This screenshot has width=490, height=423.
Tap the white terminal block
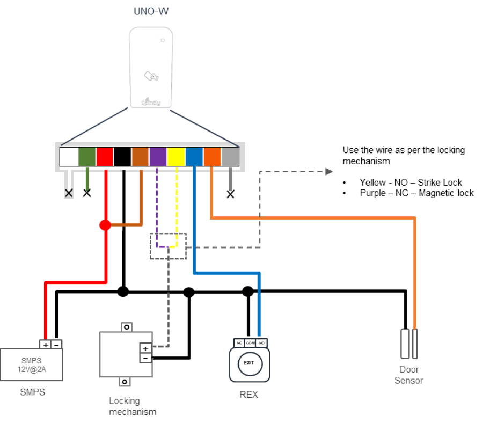(69, 157)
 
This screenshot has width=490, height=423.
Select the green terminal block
(86, 157)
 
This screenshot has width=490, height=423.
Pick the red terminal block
(105, 157)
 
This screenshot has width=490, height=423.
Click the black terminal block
(122, 157)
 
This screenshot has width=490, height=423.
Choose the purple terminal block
(158, 157)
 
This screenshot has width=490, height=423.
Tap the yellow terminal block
(176, 157)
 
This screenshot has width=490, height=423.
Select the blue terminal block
(194, 157)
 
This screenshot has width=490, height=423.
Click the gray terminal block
(230, 157)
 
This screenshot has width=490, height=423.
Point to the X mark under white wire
(69, 193)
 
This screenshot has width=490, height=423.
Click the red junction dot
(105, 225)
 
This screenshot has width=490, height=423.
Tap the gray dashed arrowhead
(329, 172)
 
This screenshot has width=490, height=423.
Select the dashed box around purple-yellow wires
(168, 246)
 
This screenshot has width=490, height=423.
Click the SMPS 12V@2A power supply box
(32, 364)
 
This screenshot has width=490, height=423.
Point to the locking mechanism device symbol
(126, 354)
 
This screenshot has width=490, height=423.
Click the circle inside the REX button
(250, 365)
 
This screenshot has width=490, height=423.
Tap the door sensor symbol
(409, 344)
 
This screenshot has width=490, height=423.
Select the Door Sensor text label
(409, 375)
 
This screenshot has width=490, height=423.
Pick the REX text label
(248, 395)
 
